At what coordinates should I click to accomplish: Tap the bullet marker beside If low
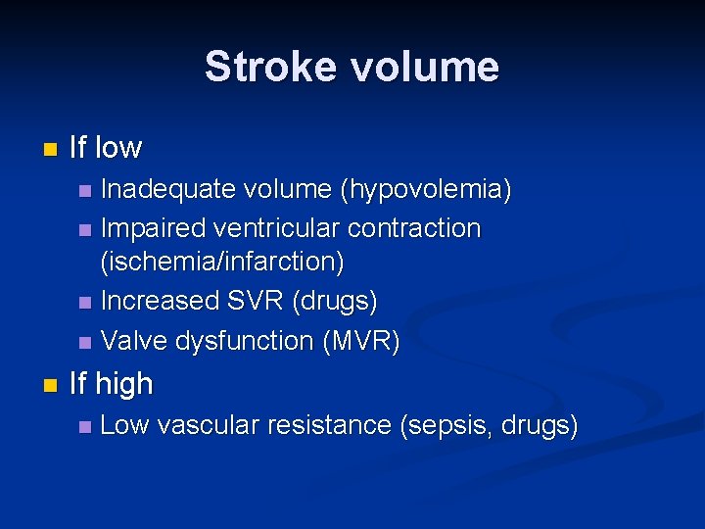pos(50,149)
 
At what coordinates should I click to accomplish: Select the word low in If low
pos(117,148)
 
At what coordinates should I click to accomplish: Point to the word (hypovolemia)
pos(425,190)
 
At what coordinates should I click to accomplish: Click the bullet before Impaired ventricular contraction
pos(85,230)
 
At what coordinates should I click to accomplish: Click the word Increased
pos(161,301)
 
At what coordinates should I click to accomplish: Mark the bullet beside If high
pos(50,385)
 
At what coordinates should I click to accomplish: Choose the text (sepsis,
pos(446,427)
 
